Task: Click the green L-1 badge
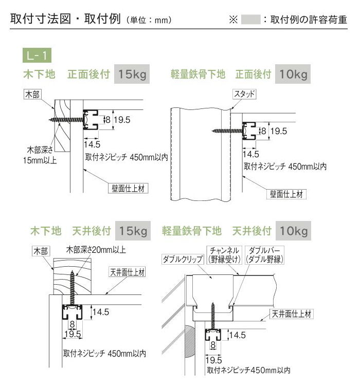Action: click(37, 55)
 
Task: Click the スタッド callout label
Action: click(244, 94)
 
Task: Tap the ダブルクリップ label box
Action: click(183, 259)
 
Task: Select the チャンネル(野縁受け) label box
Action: click(224, 255)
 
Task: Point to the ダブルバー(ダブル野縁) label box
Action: click(264, 255)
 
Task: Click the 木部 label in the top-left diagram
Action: click(32, 94)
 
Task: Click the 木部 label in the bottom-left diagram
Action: click(41, 251)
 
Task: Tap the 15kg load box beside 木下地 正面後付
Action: click(132, 74)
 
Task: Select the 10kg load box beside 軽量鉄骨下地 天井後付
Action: click(293, 231)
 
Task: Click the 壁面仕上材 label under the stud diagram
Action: click(286, 194)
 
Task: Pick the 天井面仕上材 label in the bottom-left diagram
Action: click(127, 272)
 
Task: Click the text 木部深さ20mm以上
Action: click(96, 250)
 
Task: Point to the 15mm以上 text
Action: click(40, 160)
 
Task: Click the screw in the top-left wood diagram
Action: click(67, 120)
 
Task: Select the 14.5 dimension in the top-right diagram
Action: click(250, 154)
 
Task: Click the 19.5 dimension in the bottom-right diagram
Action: click(213, 360)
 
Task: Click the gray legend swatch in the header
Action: click(250, 20)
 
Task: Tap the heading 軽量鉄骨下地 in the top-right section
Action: click(198, 74)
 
